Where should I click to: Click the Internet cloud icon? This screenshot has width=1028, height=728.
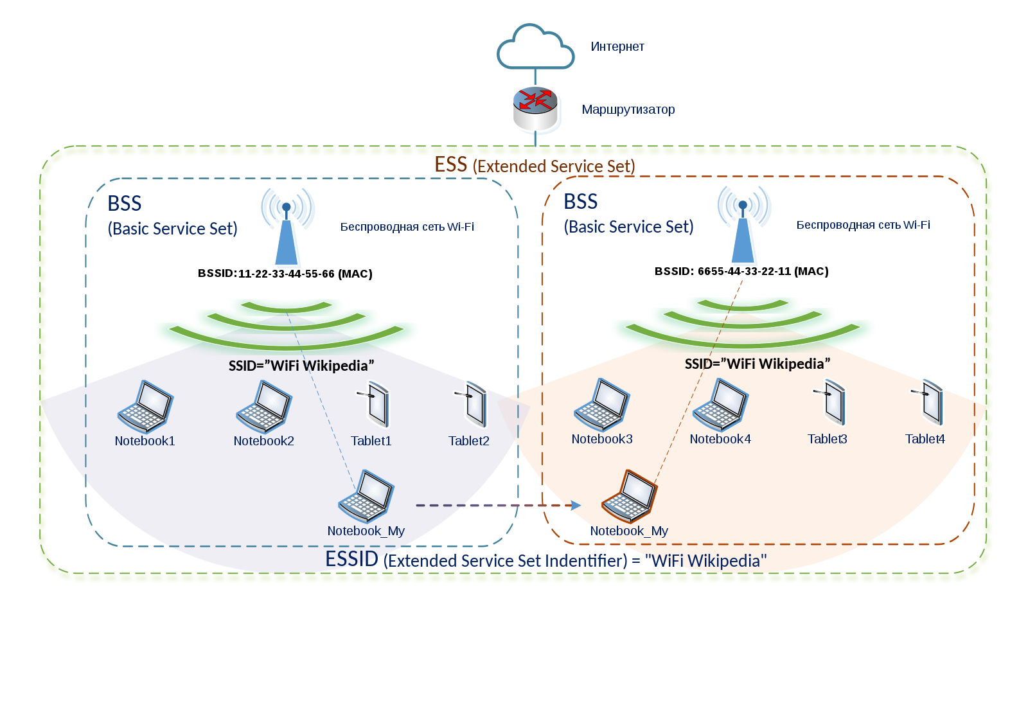tap(535, 48)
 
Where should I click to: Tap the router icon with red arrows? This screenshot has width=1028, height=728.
tap(536, 109)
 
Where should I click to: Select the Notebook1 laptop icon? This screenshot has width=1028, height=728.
tap(145, 407)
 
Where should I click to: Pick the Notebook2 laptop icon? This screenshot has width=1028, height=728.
tap(264, 407)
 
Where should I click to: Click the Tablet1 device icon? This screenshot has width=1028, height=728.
tap(375, 404)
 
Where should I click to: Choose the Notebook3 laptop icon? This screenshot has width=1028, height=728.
tap(602, 405)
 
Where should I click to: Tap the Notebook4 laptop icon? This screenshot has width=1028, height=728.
tap(720, 405)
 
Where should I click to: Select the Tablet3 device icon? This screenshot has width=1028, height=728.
tap(832, 402)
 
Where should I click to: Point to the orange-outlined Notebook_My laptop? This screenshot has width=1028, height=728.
tap(629, 496)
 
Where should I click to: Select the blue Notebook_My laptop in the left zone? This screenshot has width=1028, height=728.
tap(366, 496)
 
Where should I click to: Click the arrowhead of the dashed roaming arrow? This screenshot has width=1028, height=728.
tap(576, 506)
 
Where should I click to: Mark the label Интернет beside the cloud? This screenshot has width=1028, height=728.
tap(617, 47)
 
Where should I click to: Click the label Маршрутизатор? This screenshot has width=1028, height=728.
tap(628, 110)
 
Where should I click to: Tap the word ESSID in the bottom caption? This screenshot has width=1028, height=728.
tap(351, 559)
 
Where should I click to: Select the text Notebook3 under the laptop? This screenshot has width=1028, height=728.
tap(602, 439)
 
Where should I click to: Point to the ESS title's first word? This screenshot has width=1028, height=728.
tap(451, 165)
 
